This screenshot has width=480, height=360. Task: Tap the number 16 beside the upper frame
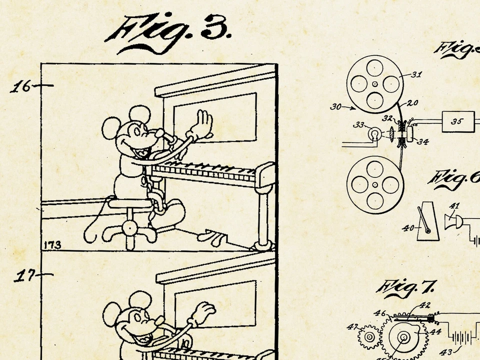click(x=21, y=87)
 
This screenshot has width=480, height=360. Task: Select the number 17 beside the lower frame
click(x=23, y=275)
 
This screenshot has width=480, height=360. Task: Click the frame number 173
click(x=52, y=244)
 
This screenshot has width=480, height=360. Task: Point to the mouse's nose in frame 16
click(x=159, y=133)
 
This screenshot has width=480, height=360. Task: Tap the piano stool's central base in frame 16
click(x=130, y=228)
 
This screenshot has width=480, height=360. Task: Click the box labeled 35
click(x=457, y=121)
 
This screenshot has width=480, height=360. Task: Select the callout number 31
click(x=416, y=75)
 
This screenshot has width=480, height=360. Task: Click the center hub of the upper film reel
click(x=374, y=83)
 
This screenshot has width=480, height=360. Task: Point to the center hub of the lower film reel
click(x=374, y=184)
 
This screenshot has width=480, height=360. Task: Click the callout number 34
click(x=422, y=142)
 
